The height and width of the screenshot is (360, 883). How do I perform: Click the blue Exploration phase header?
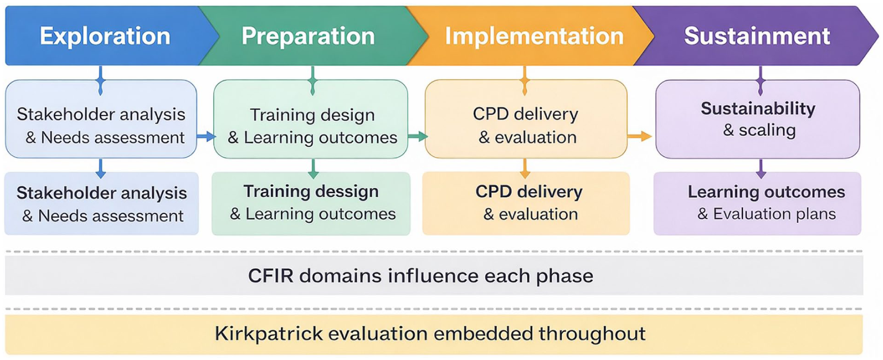105,36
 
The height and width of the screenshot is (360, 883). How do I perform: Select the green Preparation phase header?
308,36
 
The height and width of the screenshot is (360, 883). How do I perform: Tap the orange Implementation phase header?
534,36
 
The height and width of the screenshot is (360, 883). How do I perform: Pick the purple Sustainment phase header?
757,36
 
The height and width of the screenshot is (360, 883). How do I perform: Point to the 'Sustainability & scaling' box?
758,119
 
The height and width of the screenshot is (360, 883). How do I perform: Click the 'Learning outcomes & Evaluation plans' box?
757,203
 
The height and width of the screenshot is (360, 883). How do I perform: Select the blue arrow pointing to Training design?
206,137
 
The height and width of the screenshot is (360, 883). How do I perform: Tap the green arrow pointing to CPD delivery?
417,137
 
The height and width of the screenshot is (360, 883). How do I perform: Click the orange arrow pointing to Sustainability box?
639,136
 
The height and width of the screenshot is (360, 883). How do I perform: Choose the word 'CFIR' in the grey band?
271,276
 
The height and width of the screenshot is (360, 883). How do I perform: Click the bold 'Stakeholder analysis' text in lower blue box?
102,193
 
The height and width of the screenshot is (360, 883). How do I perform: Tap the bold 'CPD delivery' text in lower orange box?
529,192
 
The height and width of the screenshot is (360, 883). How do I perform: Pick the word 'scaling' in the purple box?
767,130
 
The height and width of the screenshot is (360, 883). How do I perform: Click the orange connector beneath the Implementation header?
525,80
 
